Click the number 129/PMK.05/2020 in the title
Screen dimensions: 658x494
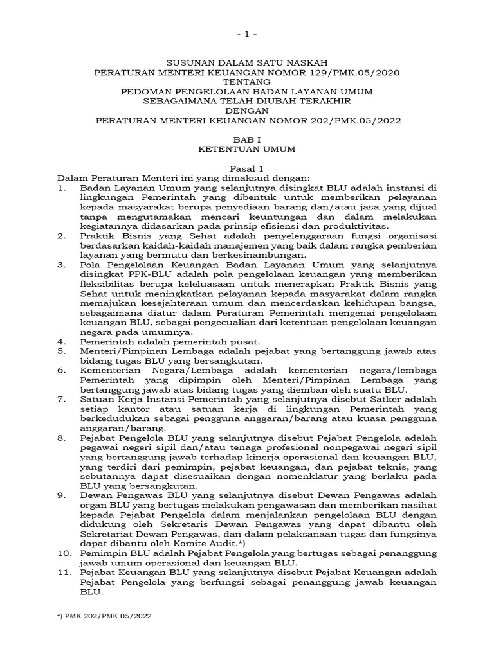pos(352,73)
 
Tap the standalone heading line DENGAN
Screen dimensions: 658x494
pos(247,110)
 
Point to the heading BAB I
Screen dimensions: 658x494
pos(247,138)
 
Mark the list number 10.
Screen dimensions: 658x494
pos(63,554)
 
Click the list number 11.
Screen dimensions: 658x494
pos(63,573)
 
